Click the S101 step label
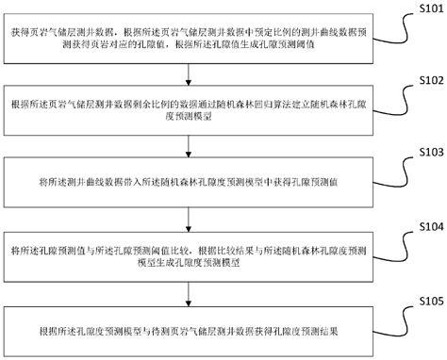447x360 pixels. [x=425, y=8]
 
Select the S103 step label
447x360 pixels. [x=425, y=152]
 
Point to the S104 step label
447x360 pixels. [x=425, y=226]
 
